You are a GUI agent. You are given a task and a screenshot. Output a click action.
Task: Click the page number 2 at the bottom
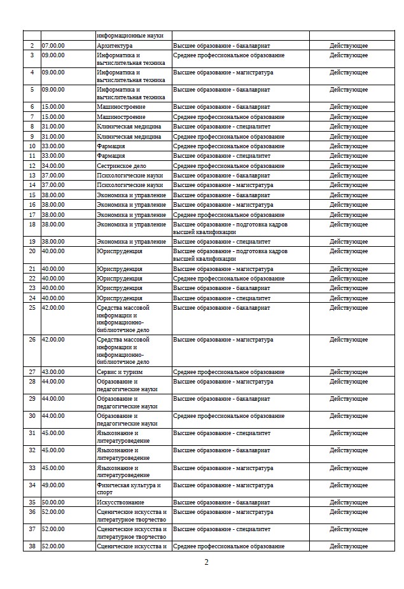[x=206, y=562]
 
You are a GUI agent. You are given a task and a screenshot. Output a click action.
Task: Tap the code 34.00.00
[x=53, y=166]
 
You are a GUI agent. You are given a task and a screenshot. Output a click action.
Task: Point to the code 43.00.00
[x=53, y=371]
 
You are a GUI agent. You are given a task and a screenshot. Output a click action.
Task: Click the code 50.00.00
[x=53, y=502]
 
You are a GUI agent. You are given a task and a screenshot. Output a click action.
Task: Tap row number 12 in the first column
[x=32, y=166]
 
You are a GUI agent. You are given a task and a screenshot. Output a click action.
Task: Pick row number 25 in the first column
[x=32, y=308]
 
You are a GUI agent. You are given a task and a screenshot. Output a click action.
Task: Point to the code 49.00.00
[x=53, y=485]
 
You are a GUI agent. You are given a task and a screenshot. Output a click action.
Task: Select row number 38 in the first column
[x=32, y=546]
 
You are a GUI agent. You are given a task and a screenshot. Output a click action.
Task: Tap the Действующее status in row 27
[x=349, y=371]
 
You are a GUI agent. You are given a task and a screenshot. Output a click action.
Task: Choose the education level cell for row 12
[x=229, y=166]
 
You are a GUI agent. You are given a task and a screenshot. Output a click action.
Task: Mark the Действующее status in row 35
[x=349, y=502]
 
